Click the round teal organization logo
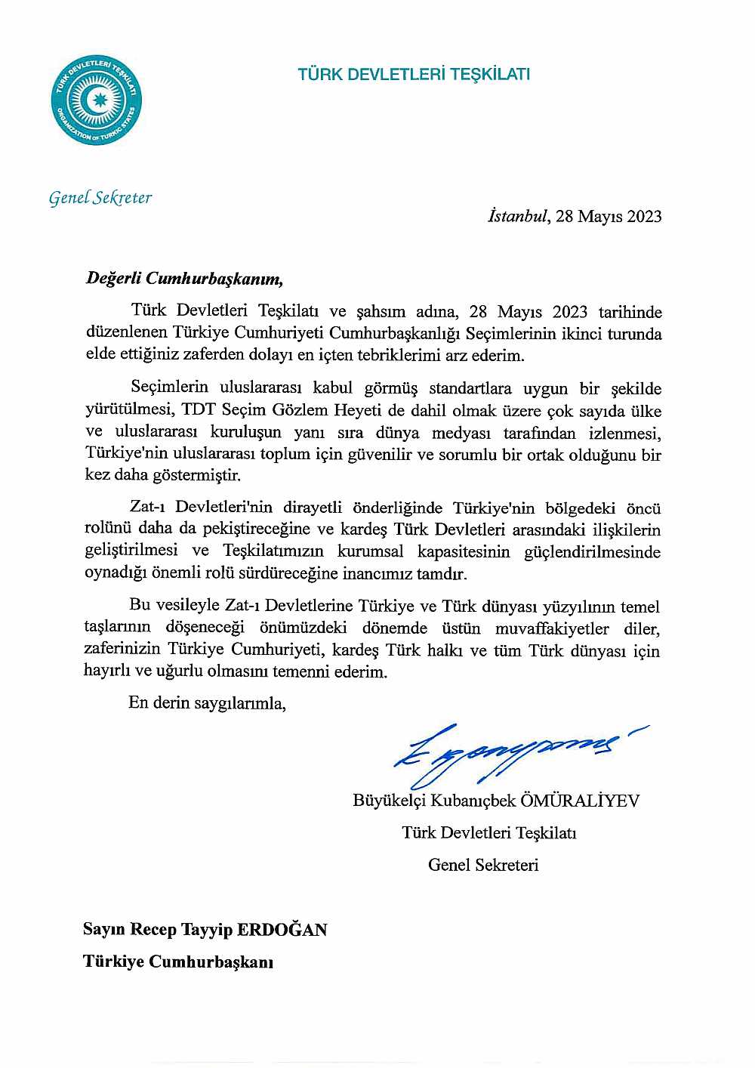tap(97, 100)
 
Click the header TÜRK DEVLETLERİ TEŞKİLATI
tap(414, 74)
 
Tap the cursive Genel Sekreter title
tap(100, 198)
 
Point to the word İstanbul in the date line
tap(516, 216)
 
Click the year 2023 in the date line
tap(644, 216)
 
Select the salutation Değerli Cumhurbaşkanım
tap(183, 278)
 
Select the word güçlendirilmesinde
tap(592, 551)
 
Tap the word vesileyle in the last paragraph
tap(188, 607)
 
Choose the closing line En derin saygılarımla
tap(208, 703)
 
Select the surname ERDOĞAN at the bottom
tap(282, 930)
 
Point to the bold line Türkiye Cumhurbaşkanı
tap(178, 962)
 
